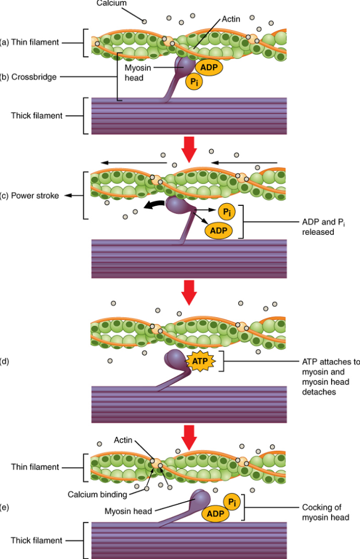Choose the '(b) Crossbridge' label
28,77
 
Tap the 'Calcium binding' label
97,495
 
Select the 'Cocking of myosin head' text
325,512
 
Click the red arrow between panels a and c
189,150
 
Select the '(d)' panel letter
5,361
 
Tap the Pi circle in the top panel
194,82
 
